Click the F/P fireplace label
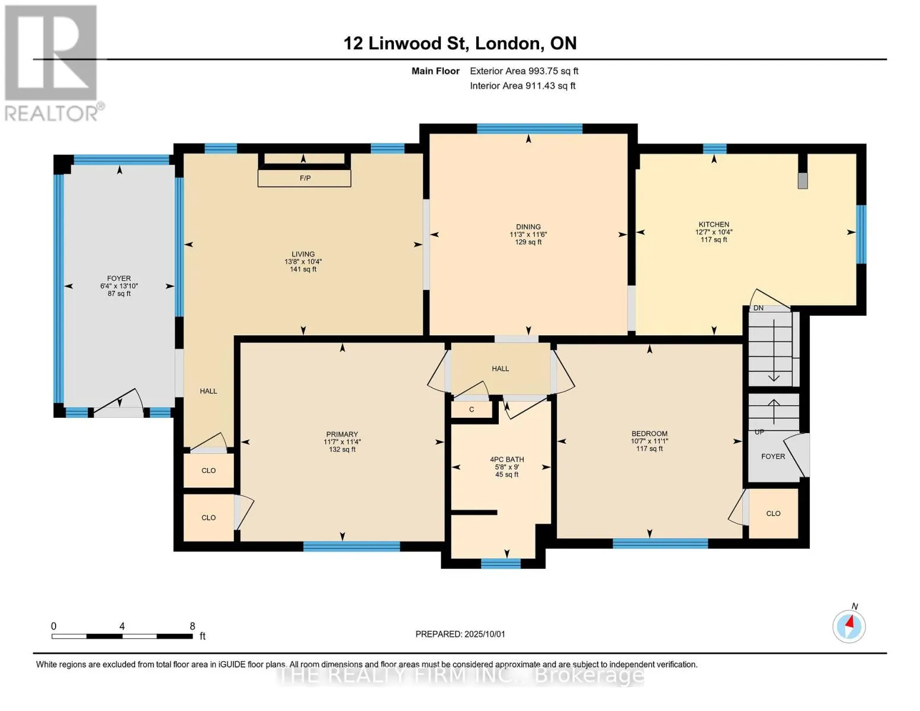click(305, 178)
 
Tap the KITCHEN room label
click(714, 225)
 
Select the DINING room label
click(528, 226)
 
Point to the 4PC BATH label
click(507, 459)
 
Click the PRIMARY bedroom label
click(342, 434)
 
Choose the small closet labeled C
click(471, 409)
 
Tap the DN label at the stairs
click(758, 308)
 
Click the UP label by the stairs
click(759, 432)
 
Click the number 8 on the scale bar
click(192, 626)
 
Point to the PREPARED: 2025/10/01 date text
click(460, 634)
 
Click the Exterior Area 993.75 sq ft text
click(524, 71)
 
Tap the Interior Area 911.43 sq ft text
click(522, 85)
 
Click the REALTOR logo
click(52, 63)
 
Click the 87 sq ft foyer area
click(119, 293)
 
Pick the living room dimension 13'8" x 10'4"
click(303, 262)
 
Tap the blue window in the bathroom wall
click(501, 563)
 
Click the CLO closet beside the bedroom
click(773, 513)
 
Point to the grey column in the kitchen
click(802, 181)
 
